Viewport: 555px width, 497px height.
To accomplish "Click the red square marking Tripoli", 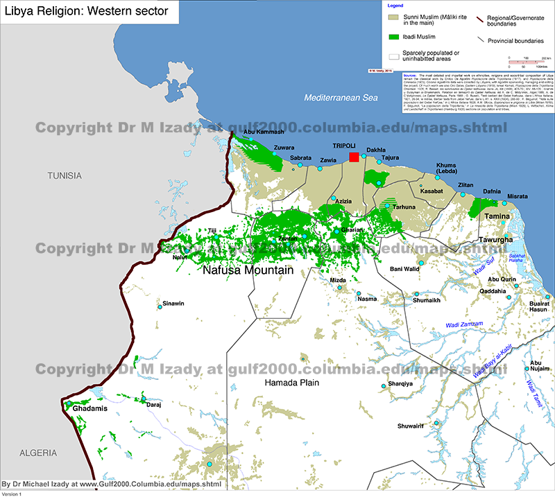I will pos(354,157).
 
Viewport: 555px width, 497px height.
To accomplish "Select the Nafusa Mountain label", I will pos(247,270).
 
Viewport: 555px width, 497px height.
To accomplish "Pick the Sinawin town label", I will pos(173,304).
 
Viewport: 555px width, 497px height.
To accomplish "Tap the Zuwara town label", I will pos(284,148).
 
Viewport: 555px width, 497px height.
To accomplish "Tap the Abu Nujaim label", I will pos(540,367).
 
